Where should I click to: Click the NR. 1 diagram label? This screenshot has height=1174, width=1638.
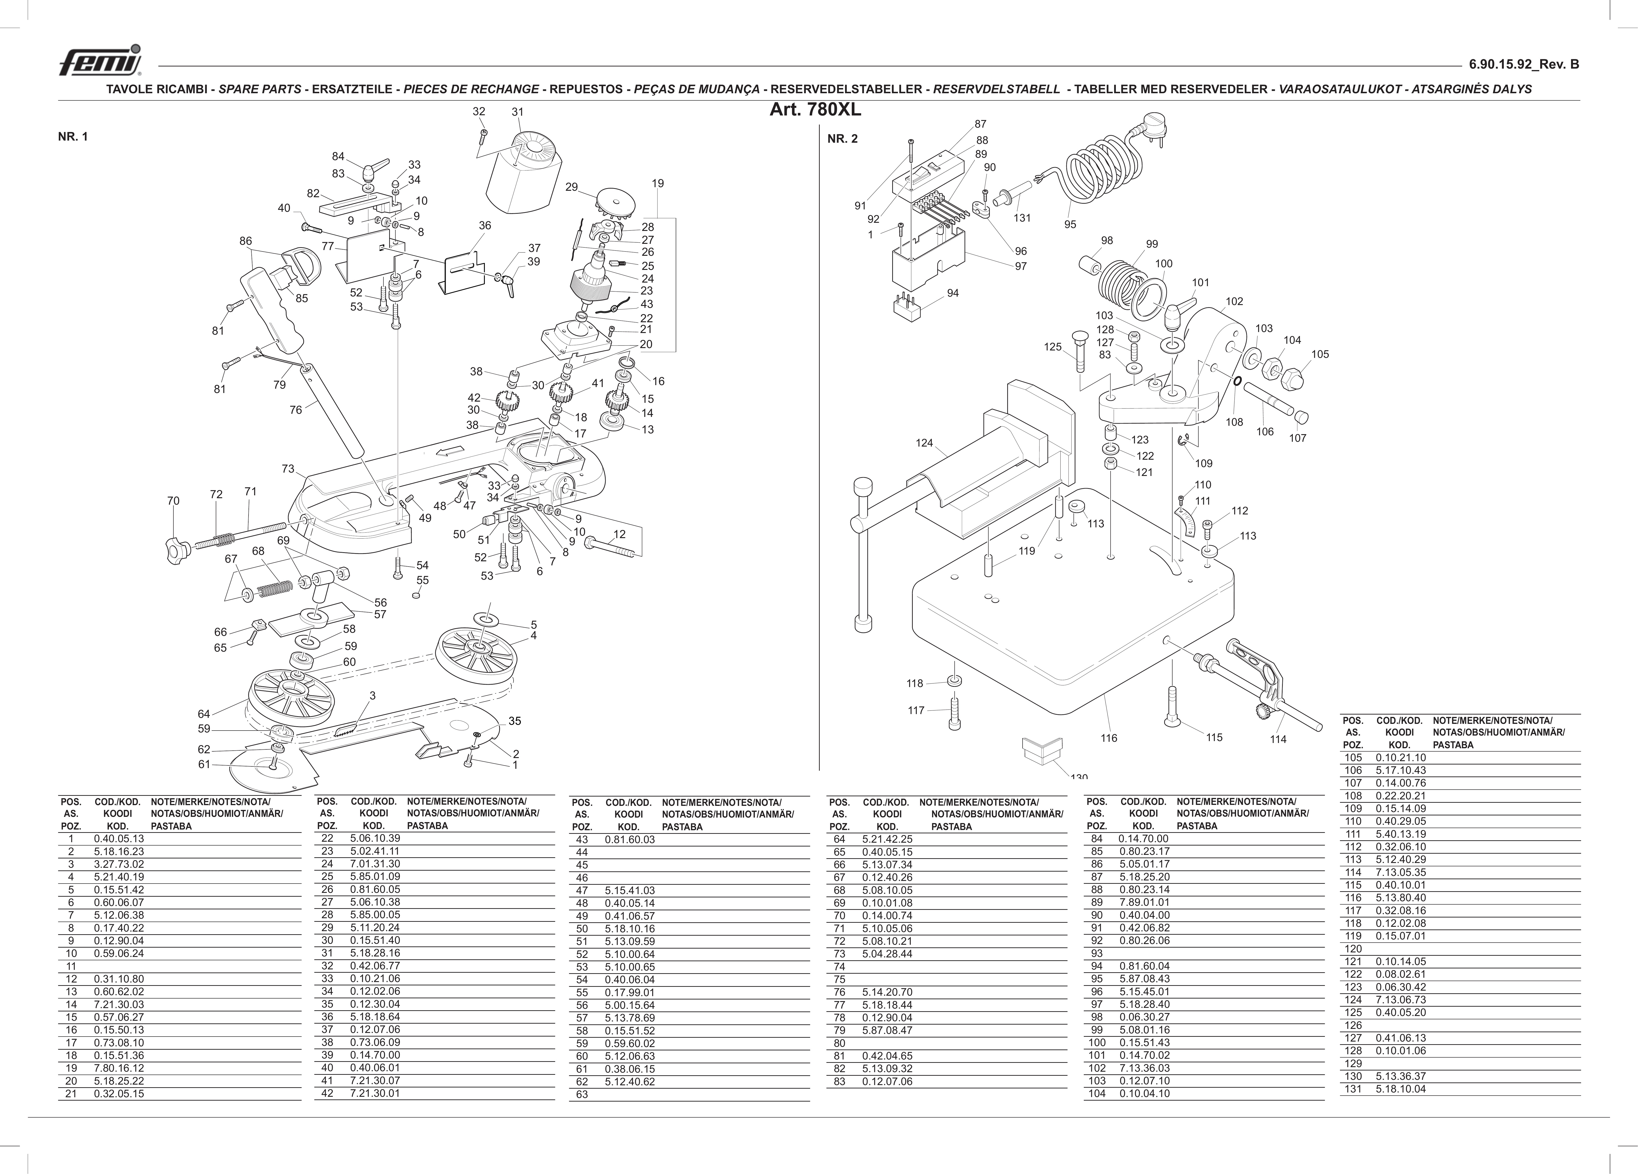[x=73, y=137]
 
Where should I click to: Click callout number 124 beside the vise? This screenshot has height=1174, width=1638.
[x=924, y=443]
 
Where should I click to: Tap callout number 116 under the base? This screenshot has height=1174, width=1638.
[x=1109, y=738]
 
